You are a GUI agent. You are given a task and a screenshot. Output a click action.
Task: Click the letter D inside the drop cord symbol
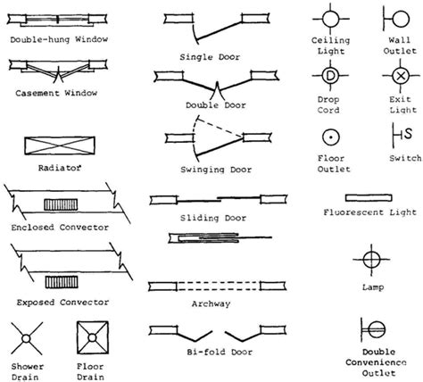pos(330,76)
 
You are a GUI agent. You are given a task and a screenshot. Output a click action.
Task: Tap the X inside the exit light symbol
pos(401,76)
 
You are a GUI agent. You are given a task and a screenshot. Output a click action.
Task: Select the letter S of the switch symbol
pos(408,134)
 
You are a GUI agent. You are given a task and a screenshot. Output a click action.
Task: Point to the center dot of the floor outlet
pos(331,137)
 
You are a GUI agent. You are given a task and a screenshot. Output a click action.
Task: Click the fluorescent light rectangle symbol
pos(369,198)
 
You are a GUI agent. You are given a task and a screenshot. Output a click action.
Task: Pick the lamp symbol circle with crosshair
pos(371,260)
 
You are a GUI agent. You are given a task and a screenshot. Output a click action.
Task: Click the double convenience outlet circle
pos(377,329)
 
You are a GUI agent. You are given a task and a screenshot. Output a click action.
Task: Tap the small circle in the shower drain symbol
pos(26,339)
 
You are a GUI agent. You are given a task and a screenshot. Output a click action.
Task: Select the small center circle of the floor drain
pos(92,338)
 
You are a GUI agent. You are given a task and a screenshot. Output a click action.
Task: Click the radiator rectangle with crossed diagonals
pos(60,145)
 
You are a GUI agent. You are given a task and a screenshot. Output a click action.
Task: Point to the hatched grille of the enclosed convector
pos(61,204)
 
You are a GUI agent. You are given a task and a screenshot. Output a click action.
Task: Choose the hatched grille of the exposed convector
pos(62,282)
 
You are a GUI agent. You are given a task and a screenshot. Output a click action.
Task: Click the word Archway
pos(211,303)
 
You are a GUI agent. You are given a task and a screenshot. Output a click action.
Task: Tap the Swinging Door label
pos(216,170)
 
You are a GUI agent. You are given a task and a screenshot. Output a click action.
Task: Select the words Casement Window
pos(56,93)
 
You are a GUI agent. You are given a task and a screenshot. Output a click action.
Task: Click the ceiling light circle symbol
pos(330,19)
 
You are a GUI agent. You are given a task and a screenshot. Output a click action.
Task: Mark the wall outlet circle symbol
pos(401,19)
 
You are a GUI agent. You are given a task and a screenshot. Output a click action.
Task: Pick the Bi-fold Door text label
pos(220,353)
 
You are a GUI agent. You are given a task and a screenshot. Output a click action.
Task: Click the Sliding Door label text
pos(213,218)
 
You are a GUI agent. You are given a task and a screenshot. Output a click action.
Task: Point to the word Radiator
pos(60,168)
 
